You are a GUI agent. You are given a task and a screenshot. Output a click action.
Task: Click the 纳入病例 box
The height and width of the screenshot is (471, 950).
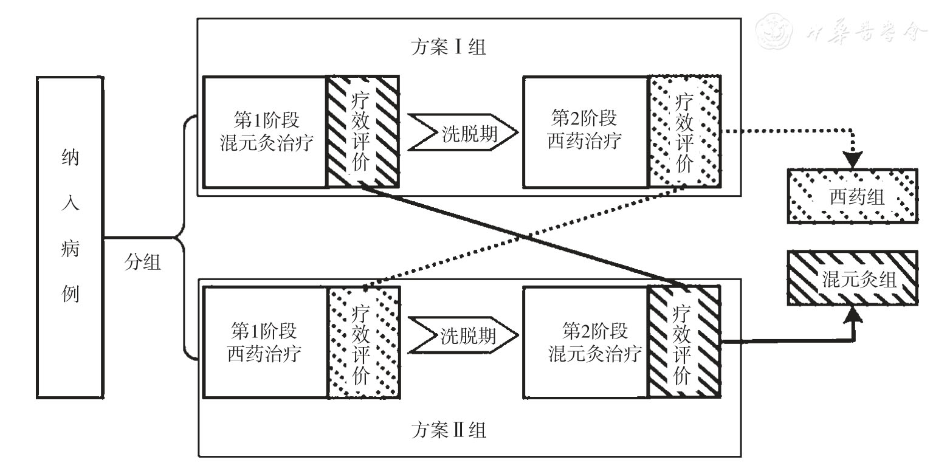(71, 238)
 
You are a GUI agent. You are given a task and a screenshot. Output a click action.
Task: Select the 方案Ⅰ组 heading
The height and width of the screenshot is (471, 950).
(448, 47)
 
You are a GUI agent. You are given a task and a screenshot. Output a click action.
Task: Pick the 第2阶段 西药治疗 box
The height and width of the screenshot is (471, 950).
(585, 132)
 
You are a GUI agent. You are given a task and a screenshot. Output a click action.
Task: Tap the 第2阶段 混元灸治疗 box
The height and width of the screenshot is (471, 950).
(585, 342)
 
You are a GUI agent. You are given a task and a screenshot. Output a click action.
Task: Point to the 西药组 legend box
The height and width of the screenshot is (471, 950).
(852, 196)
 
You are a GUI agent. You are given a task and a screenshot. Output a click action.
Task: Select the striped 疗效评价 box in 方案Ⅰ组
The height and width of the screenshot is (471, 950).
(363, 132)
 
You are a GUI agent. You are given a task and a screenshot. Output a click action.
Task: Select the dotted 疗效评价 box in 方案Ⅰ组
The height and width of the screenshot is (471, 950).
(684, 132)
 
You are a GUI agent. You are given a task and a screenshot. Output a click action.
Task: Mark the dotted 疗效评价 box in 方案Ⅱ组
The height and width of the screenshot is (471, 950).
(363, 342)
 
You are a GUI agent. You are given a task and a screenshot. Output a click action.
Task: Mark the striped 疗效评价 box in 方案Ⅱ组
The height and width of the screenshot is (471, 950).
(684, 342)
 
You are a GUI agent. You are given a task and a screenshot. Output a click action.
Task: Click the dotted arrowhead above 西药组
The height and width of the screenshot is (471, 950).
(851, 160)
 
